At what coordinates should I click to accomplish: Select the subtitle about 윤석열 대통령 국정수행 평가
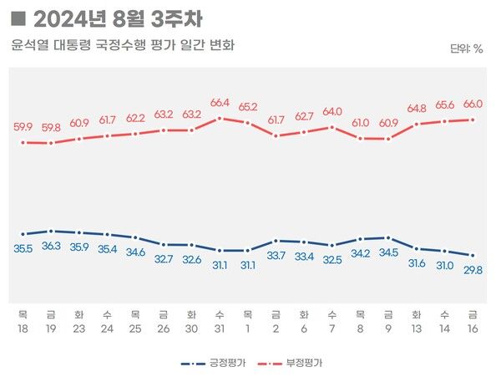(123, 45)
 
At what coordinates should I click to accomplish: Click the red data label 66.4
(220, 103)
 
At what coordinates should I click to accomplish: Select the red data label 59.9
(23, 127)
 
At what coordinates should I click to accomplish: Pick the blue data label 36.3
(52, 246)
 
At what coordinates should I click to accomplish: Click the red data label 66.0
(473, 104)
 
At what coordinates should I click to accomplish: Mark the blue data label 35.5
(23, 248)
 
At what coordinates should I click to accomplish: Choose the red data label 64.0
(332, 111)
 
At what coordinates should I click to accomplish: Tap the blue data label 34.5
(388, 252)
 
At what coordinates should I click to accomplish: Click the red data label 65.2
(248, 107)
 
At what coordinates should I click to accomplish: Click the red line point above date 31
(220, 118)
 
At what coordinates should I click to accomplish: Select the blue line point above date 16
(473, 256)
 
